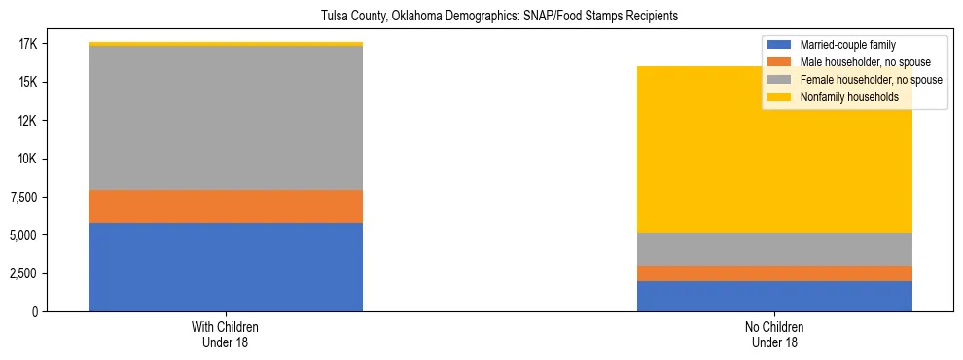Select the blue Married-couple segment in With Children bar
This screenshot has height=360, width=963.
click(226, 267)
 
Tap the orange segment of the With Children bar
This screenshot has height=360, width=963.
click(226, 206)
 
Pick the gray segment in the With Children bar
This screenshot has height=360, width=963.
click(226, 118)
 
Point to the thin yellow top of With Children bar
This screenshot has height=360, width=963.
click(226, 44)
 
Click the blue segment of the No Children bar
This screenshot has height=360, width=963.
click(774, 296)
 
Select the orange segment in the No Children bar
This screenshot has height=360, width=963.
click(774, 273)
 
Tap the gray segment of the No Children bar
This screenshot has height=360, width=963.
click(774, 249)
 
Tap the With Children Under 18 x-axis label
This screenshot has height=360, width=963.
click(226, 334)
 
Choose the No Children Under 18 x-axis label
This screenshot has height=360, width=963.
click(774, 334)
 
